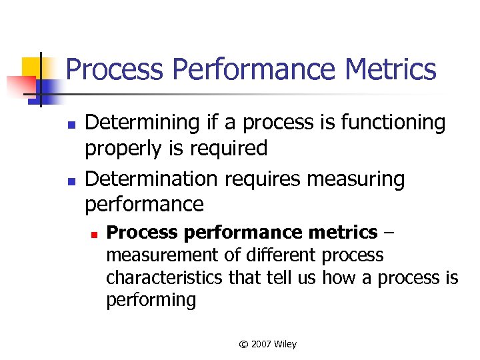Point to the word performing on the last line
151,300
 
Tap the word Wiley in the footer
286,344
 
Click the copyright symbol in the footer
243,344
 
